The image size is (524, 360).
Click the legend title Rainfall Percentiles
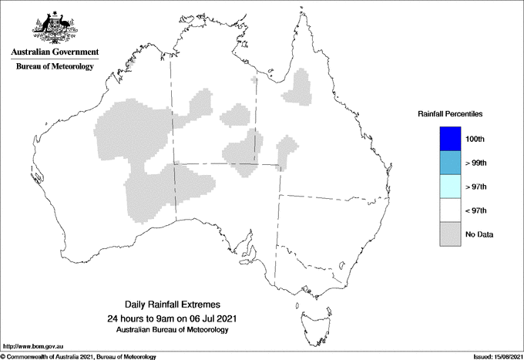click(x=450, y=114)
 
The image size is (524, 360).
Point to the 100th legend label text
click(x=475, y=140)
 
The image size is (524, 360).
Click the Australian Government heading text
click(x=55, y=52)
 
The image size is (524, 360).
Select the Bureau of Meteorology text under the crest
click(x=55, y=67)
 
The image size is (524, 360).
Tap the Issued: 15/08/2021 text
click(x=493, y=356)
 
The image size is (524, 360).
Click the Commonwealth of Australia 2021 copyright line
click(x=78, y=356)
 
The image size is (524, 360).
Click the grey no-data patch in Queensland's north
click(x=298, y=87)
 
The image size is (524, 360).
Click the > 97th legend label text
click(x=476, y=187)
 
